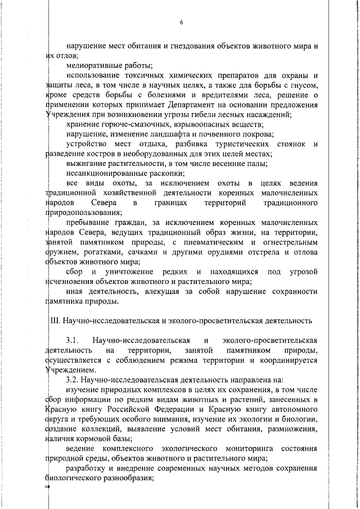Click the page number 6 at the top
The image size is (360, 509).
tap(182, 22)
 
